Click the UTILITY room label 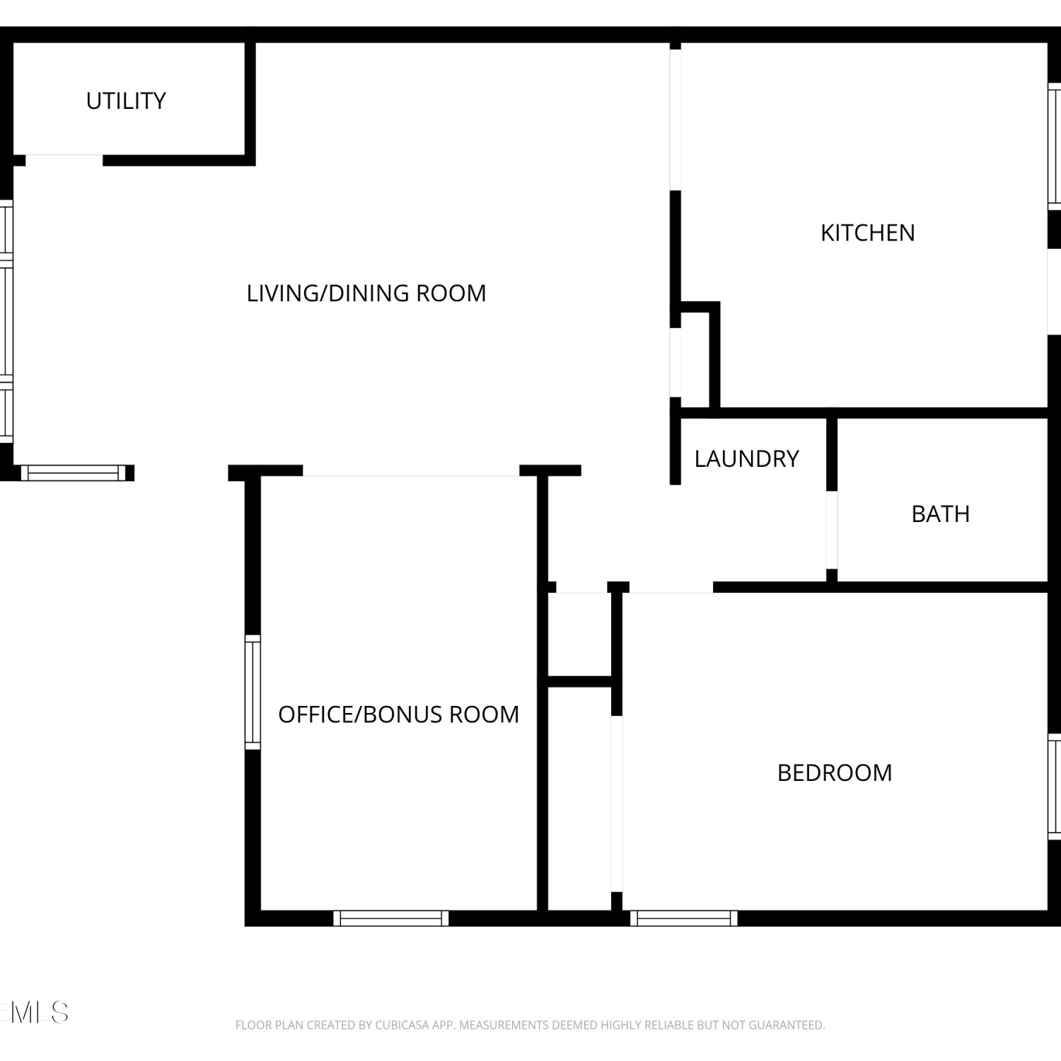coord(126,101)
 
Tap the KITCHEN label coord(867,233)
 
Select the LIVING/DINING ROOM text coord(366,293)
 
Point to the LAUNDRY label coord(746,458)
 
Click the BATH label coord(940,514)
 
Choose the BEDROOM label coord(835,772)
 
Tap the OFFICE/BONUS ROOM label coord(398,714)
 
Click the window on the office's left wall coord(253,692)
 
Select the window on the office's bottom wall coord(391,918)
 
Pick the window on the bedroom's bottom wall coord(684,918)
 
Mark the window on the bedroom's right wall coord(1054,787)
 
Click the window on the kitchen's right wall coord(1054,146)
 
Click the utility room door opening coord(64,159)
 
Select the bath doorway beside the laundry coord(832,530)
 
